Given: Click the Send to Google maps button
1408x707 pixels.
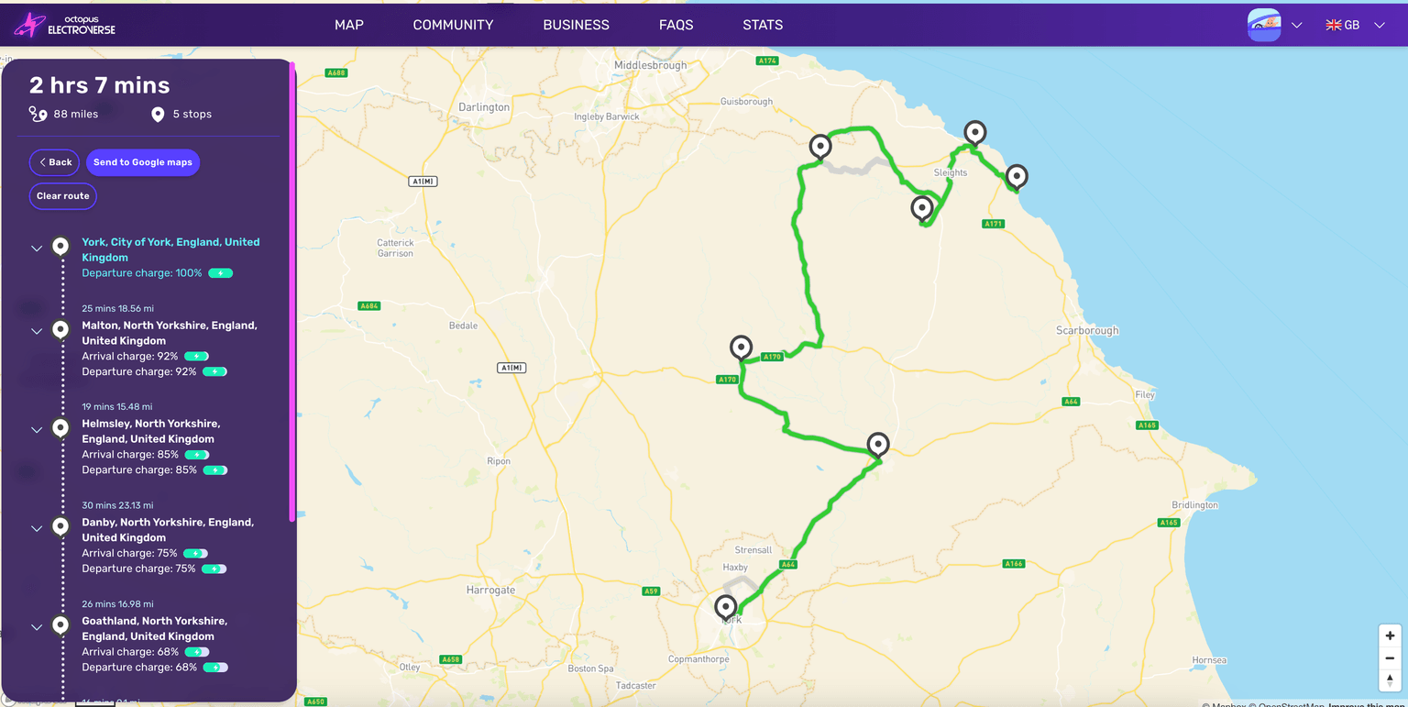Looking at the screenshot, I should pyautogui.click(x=143, y=162).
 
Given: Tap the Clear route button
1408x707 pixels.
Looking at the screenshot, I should pyautogui.click(x=63, y=196).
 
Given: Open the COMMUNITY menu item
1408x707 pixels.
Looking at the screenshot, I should pyautogui.click(x=453, y=25).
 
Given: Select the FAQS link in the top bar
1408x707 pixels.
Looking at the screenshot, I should pyautogui.click(x=676, y=25).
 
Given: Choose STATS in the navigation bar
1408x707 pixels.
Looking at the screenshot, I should pyautogui.click(x=763, y=25).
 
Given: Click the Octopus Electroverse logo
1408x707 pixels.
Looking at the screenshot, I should pyautogui.click(x=65, y=25).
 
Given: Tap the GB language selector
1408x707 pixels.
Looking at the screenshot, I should pyautogui.click(x=1353, y=25).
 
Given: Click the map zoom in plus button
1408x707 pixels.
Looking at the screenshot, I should pyautogui.click(x=1390, y=635).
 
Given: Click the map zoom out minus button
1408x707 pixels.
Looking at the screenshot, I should pyautogui.click(x=1390, y=657).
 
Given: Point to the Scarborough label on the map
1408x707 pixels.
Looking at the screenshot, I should pyautogui.click(x=1087, y=330).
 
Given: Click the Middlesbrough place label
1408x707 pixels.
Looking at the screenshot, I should pyautogui.click(x=650, y=66).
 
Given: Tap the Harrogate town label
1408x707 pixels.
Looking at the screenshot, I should pyautogui.click(x=490, y=590).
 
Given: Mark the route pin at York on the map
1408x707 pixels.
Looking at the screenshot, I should pyautogui.click(x=726, y=607).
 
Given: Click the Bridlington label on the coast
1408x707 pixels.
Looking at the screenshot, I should pyautogui.click(x=1194, y=505).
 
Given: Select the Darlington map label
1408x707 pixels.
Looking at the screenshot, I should pyautogui.click(x=484, y=107).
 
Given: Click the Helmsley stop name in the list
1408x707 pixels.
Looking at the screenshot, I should pyautogui.click(x=151, y=431).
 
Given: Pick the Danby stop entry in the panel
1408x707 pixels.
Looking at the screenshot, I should pyautogui.click(x=168, y=529).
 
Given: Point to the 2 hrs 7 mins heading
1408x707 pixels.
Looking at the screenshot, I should pyautogui.click(x=99, y=85).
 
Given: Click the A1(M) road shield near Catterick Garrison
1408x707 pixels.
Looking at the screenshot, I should pyautogui.click(x=423, y=182).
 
